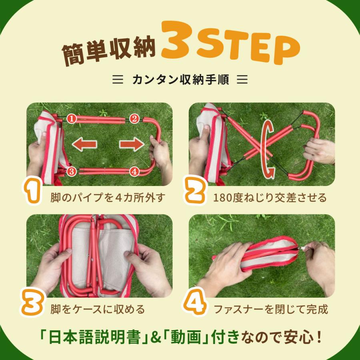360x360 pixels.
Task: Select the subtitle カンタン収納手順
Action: point(180,80)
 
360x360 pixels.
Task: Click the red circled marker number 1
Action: point(71,118)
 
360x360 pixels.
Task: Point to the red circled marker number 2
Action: point(134,118)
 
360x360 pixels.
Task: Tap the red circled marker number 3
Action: point(71,172)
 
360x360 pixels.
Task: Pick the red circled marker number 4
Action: point(134,172)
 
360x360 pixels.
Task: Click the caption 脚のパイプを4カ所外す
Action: point(108,198)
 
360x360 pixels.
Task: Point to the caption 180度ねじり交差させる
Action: point(270,198)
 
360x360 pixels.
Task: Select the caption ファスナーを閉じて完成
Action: point(270,309)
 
